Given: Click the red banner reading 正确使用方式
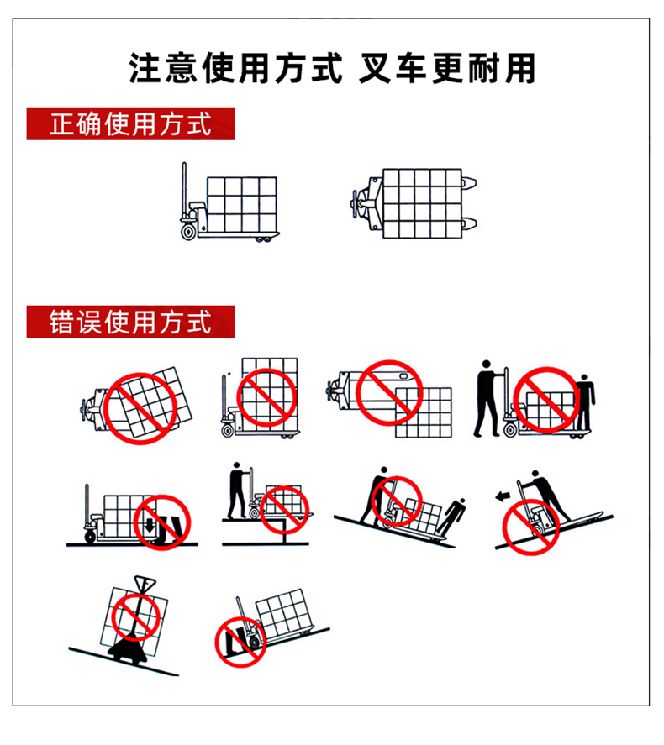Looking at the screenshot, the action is [x=130, y=123].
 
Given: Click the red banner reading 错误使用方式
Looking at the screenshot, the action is [x=130, y=322].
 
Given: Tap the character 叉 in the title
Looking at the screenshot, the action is [x=375, y=68].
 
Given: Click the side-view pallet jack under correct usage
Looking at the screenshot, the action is [x=229, y=202].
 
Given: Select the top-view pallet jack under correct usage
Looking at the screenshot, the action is [x=414, y=203].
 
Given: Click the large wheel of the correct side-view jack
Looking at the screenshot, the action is [x=188, y=233].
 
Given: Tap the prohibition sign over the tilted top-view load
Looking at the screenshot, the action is [x=140, y=408].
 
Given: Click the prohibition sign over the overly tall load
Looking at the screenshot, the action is [x=266, y=397].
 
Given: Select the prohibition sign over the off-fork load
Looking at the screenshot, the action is [x=389, y=393].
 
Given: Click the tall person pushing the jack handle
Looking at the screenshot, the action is [x=487, y=398].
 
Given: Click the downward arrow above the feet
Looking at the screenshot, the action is [x=150, y=525].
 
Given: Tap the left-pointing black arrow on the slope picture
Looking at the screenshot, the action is [x=503, y=497].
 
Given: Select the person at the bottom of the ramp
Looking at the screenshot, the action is [x=451, y=517].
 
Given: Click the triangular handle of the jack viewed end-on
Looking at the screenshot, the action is [x=145, y=584].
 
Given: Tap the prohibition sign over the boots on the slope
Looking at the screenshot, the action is [x=240, y=643].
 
